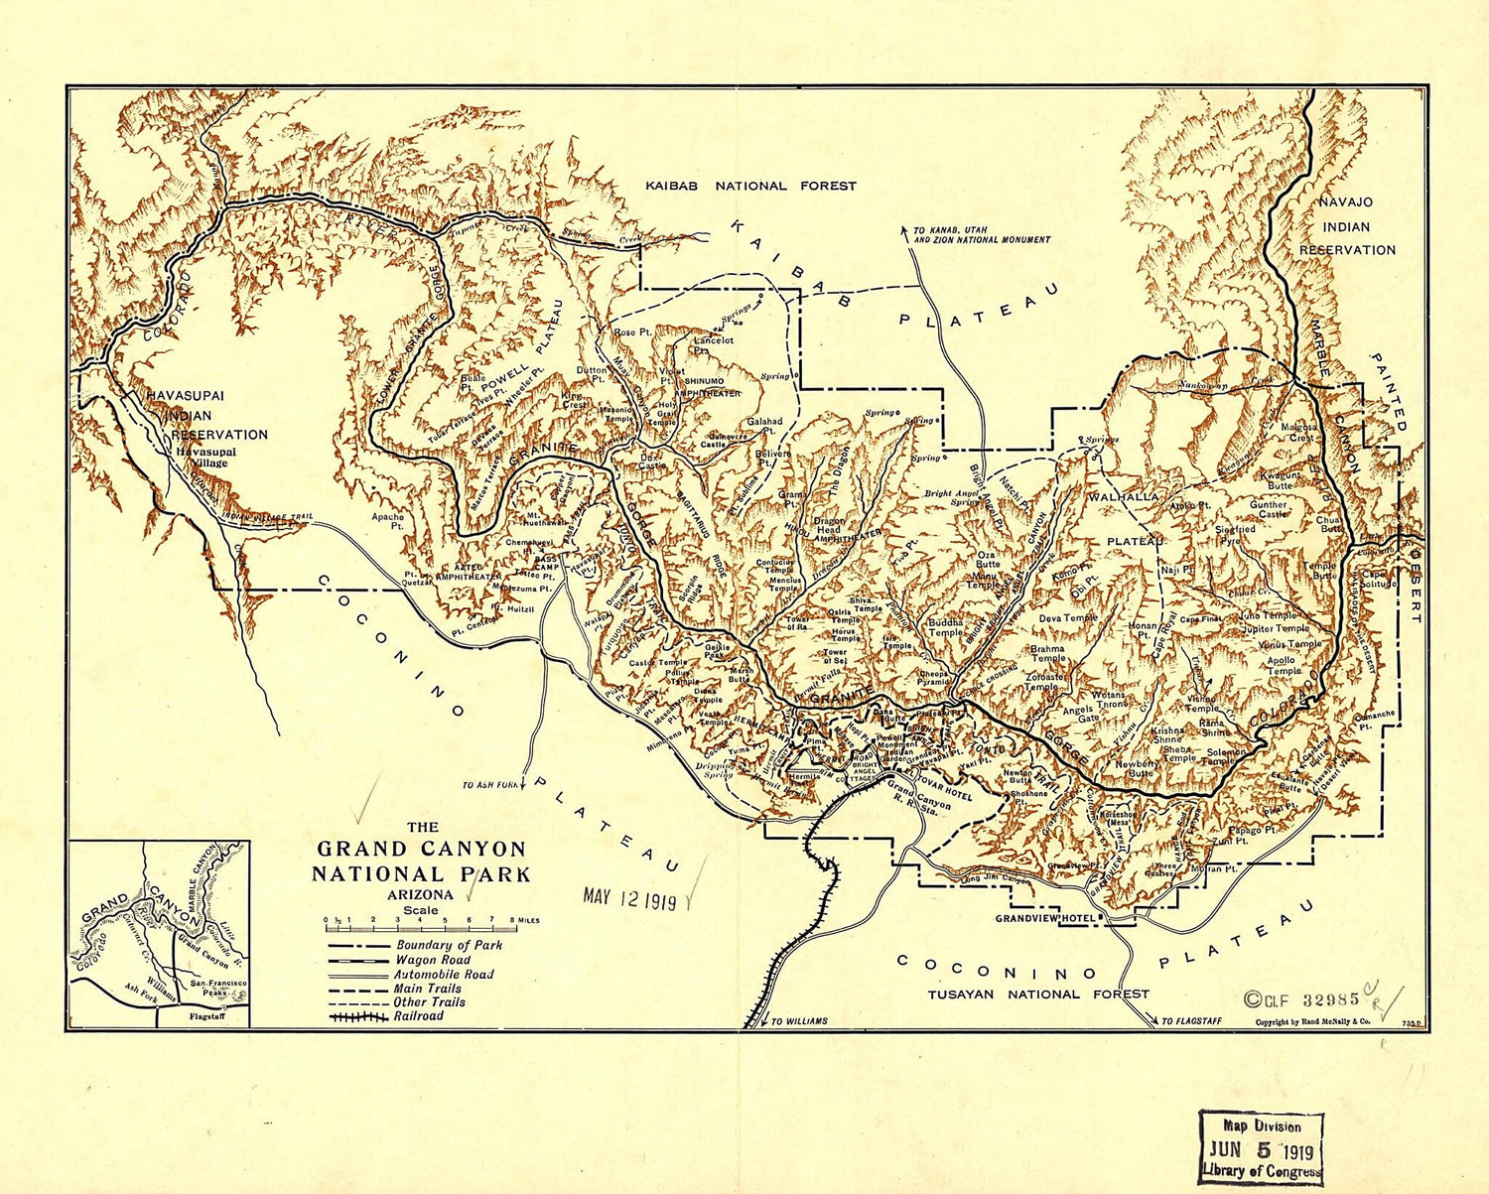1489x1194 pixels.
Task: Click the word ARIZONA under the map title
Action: coord(421,894)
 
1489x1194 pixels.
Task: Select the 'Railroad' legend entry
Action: coord(418,1016)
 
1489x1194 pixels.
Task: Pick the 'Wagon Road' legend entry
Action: coord(432,960)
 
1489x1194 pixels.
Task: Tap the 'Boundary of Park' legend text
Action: coord(449,946)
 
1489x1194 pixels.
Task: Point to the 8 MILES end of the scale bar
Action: coord(525,920)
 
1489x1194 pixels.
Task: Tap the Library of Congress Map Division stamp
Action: coord(1261,1146)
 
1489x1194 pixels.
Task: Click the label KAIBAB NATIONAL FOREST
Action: coord(750,186)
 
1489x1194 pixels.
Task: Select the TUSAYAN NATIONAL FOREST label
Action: coord(1038,994)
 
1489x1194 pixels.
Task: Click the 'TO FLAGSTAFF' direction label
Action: coord(1191,1020)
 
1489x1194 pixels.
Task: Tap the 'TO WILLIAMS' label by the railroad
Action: coord(798,1020)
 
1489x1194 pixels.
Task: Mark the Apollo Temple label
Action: coord(1284,665)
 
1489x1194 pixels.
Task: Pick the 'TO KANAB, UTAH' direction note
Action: coord(981,234)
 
